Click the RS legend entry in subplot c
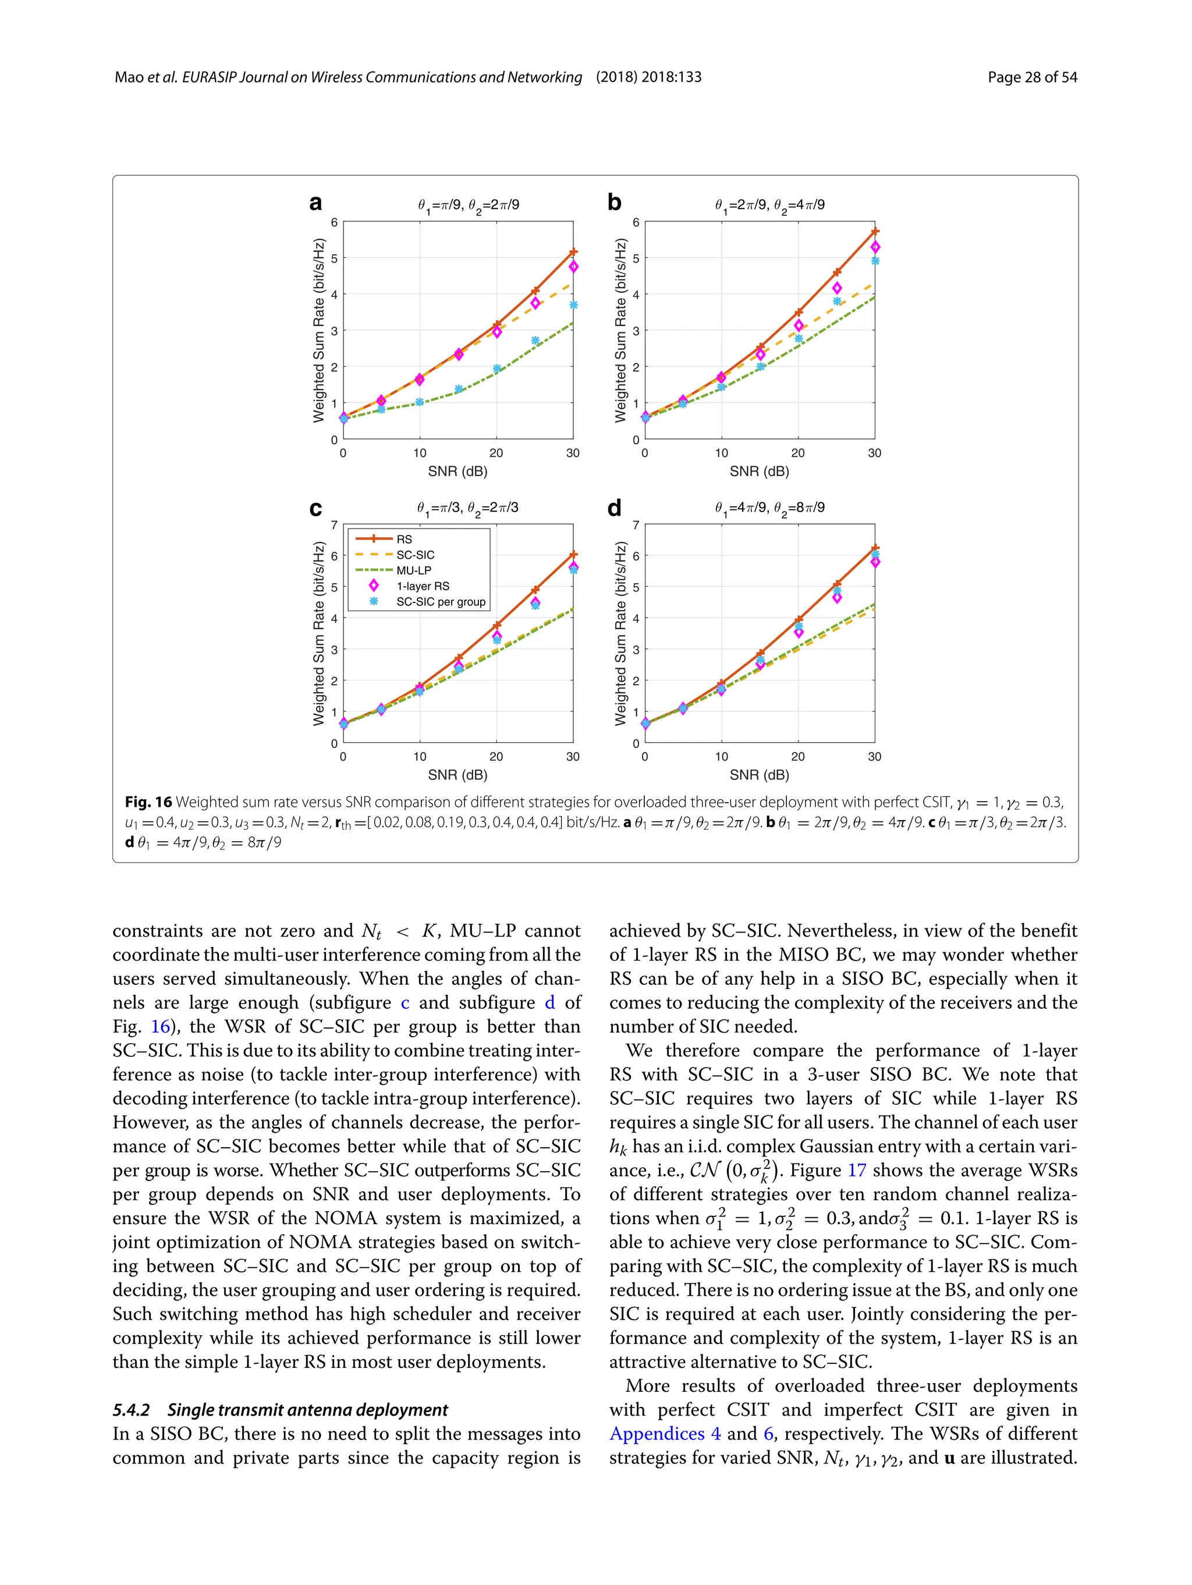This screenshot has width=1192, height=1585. tap(404, 539)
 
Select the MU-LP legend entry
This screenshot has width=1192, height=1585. tap(413, 570)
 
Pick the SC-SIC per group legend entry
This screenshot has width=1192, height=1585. tap(441, 602)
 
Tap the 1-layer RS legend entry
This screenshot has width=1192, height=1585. tap(423, 586)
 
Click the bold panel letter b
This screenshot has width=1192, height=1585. tap(614, 203)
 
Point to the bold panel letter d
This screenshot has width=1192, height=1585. tap(614, 508)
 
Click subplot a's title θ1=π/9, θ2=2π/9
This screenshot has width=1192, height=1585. tap(469, 205)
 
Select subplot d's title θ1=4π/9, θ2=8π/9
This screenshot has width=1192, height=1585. tap(769, 508)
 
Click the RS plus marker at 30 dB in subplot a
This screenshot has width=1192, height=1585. tap(573, 252)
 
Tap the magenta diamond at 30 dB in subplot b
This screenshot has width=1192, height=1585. tap(875, 247)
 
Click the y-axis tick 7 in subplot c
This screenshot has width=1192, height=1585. tap(334, 525)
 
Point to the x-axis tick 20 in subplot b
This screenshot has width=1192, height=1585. tap(798, 453)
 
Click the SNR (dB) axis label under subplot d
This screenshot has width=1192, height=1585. tap(760, 775)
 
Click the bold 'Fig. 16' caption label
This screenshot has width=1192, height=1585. tap(148, 802)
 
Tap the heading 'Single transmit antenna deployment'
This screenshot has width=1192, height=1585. tap(307, 1410)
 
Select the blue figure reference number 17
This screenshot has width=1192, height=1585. tap(857, 1170)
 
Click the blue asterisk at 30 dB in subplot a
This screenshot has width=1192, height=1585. tap(573, 305)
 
